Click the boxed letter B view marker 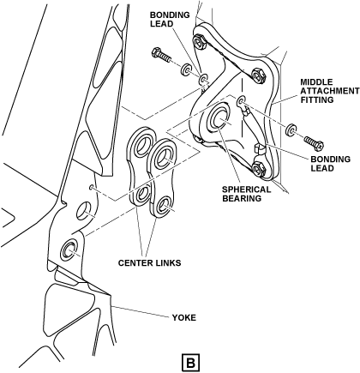[x=191, y=363]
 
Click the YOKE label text [x=183, y=317]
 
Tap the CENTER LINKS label [x=149, y=262]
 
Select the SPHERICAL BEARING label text [x=246, y=194]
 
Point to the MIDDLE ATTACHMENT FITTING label [x=330, y=91]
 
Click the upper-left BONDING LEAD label [x=170, y=19]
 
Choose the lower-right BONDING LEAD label [x=330, y=164]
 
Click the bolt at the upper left [x=161, y=56]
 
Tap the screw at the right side [x=314, y=142]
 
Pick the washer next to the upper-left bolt [x=186, y=69]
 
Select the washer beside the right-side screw [x=291, y=129]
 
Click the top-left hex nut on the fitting [x=199, y=42]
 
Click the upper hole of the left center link [x=142, y=144]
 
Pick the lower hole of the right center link [x=163, y=204]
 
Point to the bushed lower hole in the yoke [x=69, y=250]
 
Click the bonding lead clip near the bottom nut [x=259, y=148]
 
